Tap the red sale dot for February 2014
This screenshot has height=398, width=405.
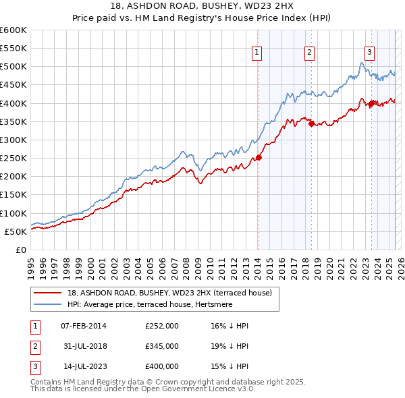click(259, 158)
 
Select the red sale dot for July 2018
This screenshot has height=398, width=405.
click(311, 123)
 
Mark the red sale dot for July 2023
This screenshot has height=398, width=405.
click(371, 103)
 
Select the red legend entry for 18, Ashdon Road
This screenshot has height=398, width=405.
click(169, 293)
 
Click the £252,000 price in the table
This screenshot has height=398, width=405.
click(162, 326)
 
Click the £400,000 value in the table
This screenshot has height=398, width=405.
click(162, 366)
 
